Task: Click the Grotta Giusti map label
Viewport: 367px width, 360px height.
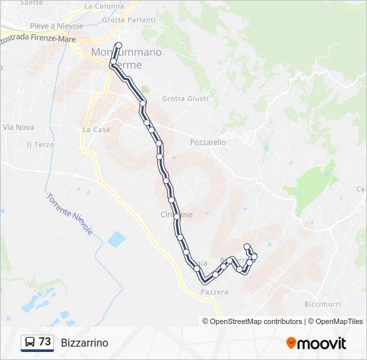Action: click(x=185, y=99)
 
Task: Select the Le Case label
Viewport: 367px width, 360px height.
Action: click(x=97, y=130)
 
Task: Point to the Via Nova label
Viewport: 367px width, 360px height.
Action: click(x=18, y=127)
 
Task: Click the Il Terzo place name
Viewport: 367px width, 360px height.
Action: click(x=40, y=144)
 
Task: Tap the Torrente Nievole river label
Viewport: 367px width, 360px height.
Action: click(x=69, y=214)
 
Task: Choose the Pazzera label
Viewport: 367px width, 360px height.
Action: click(x=214, y=292)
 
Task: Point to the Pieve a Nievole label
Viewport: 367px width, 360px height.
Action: click(x=57, y=26)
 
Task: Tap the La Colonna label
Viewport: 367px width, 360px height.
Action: click(x=104, y=6)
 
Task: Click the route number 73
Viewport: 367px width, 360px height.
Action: click(x=45, y=342)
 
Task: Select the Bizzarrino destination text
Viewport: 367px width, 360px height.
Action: click(x=84, y=343)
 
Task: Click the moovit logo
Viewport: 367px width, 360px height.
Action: click(x=316, y=343)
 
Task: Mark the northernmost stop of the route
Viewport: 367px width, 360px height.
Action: click(x=119, y=45)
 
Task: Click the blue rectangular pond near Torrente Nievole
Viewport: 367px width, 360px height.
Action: click(x=116, y=239)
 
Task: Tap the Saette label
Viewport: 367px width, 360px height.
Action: click(x=31, y=3)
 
